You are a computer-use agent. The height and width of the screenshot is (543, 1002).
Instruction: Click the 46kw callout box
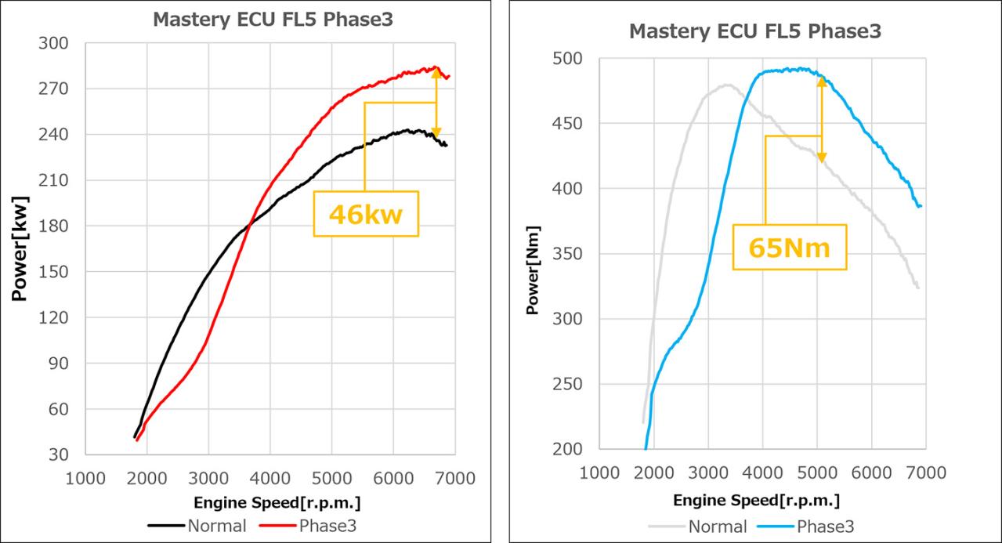[366, 213]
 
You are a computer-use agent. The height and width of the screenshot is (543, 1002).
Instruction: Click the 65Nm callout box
[790, 248]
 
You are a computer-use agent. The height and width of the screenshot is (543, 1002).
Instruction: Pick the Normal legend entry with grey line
[698, 526]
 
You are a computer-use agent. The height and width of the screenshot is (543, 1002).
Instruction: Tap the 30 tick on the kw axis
[58, 454]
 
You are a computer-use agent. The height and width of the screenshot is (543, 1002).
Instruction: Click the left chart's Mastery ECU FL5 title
[273, 20]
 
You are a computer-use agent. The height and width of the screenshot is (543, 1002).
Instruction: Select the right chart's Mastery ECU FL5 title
[756, 32]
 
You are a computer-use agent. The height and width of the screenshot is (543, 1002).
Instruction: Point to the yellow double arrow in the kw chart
[436, 103]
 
